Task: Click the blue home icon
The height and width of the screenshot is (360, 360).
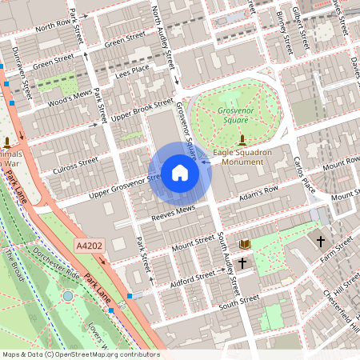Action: [180, 172]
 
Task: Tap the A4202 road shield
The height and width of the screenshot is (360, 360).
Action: [90, 244]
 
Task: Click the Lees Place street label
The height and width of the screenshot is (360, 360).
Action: [132, 71]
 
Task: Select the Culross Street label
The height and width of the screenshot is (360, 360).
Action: [75, 165]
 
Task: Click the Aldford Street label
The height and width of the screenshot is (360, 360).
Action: [194, 276]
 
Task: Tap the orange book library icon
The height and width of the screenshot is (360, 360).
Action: [245, 243]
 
